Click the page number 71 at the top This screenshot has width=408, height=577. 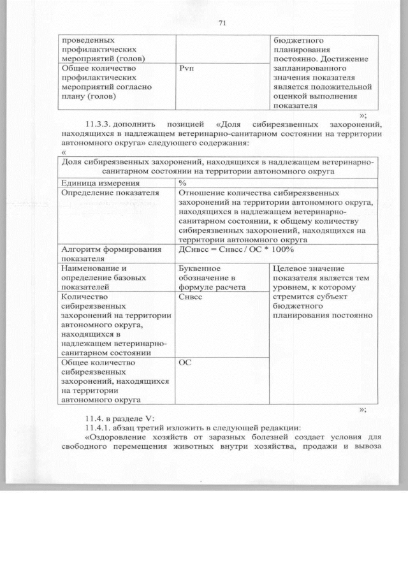pyautogui.click(x=222, y=24)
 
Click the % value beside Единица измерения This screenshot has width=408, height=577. pyautogui.click(x=182, y=183)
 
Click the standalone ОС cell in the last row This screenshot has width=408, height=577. pyautogui.click(x=185, y=362)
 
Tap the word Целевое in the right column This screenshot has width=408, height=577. pyautogui.click(x=290, y=268)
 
